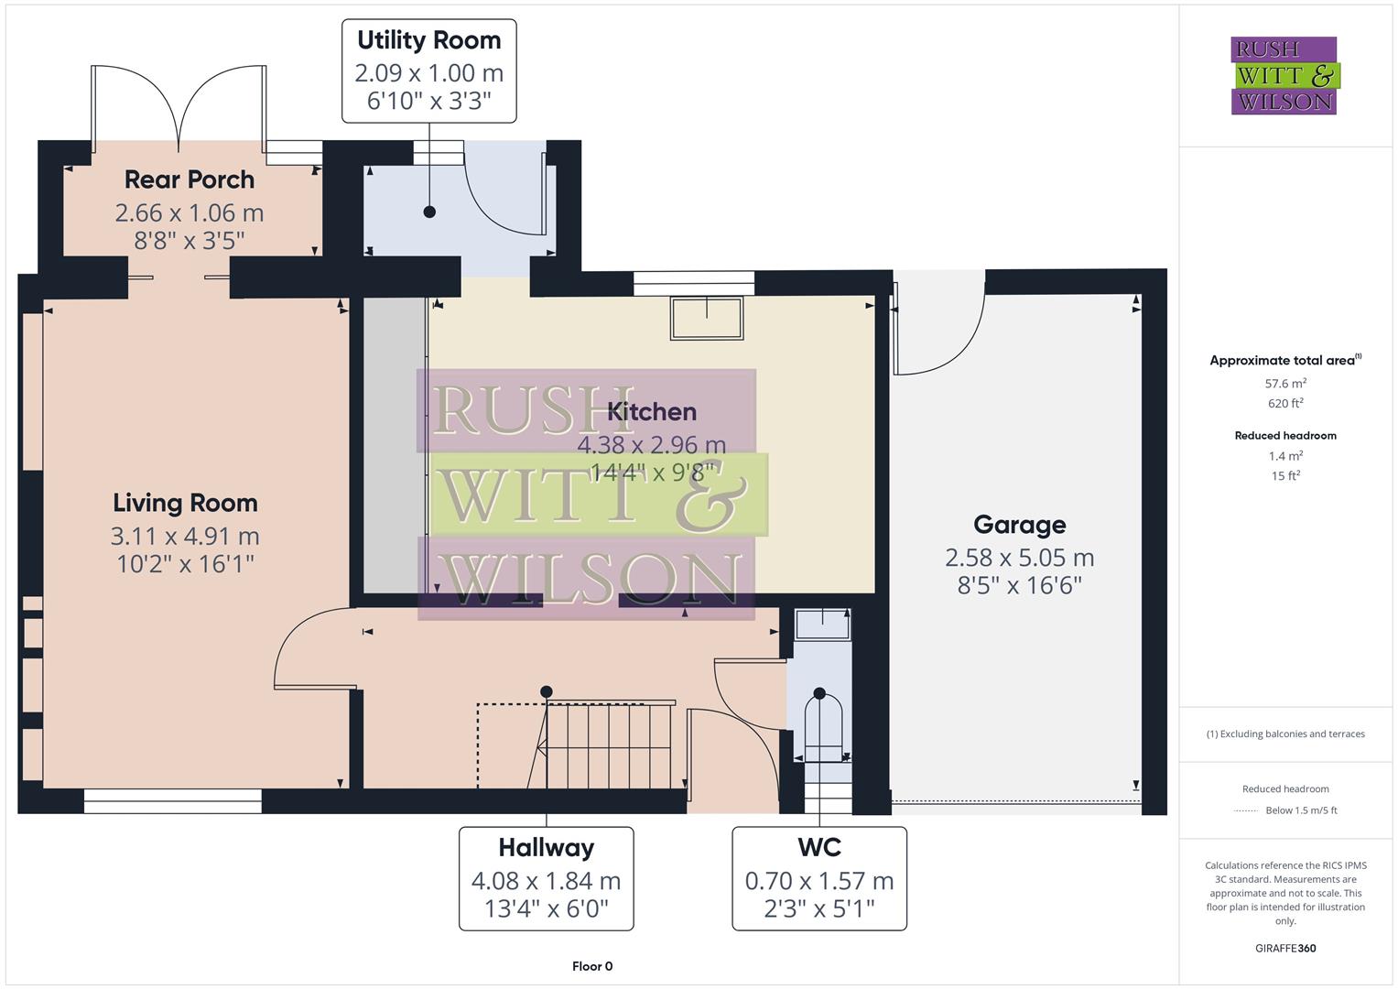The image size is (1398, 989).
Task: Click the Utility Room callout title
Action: click(x=428, y=40)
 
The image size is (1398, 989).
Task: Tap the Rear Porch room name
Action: click(x=190, y=179)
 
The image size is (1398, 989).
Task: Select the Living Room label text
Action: click(x=185, y=503)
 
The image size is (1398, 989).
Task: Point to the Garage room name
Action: click(x=1019, y=525)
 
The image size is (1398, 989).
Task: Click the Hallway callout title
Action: click(x=546, y=847)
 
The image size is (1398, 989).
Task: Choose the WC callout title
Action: click(x=818, y=847)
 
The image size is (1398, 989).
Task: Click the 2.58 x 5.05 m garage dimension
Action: click(x=1019, y=557)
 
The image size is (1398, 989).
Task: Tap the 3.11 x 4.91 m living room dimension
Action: click(x=185, y=536)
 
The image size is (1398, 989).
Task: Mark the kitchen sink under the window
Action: click(x=707, y=319)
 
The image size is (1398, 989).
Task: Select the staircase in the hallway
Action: click(x=604, y=744)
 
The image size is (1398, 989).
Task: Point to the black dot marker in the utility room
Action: click(x=429, y=212)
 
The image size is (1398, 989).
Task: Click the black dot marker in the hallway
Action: click(x=547, y=691)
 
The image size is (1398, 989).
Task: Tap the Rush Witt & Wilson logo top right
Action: click(x=1284, y=76)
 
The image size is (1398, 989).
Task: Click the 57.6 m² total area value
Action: click(x=1285, y=384)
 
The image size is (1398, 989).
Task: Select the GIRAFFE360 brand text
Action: click(x=1285, y=949)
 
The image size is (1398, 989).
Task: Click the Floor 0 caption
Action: click(x=591, y=966)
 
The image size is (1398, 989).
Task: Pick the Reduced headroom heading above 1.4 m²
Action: click(x=1285, y=436)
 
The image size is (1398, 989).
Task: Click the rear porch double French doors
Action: click(x=179, y=105)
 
